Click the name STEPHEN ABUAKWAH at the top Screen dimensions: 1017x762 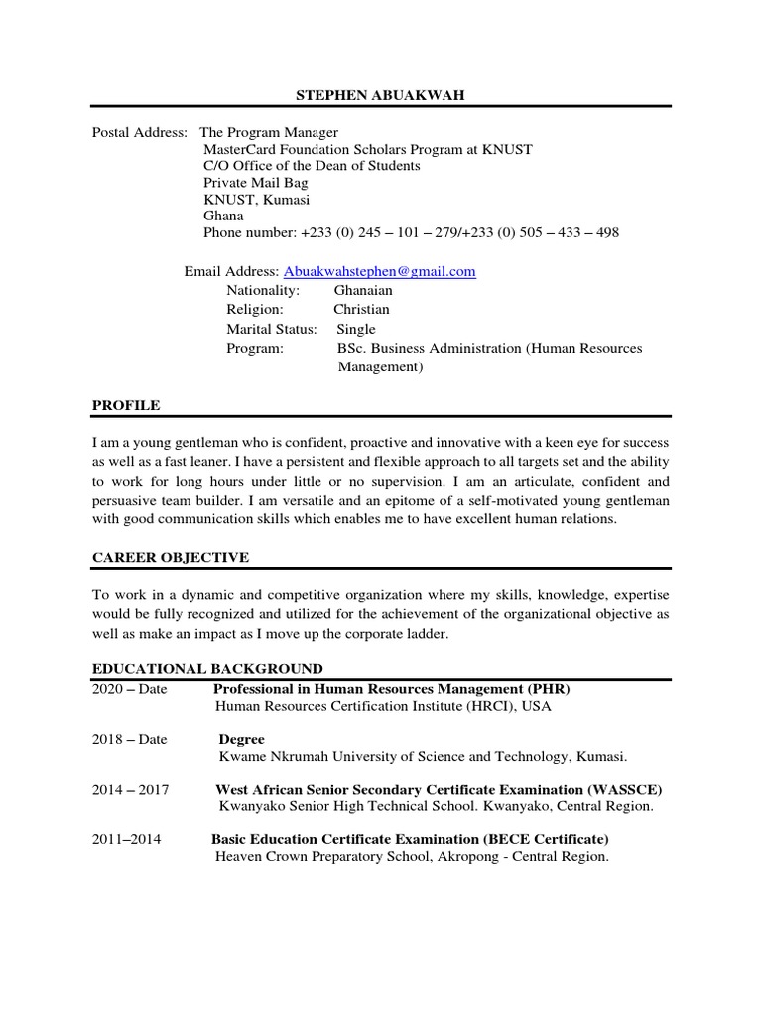[381, 94]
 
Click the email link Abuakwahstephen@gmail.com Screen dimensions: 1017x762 [380, 271]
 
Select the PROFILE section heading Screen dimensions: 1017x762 [126, 405]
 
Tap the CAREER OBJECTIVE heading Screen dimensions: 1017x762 [171, 557]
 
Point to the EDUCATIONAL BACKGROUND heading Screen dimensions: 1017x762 [207, 669]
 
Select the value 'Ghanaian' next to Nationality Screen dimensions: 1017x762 [363, 290]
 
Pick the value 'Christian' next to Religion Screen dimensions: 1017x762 [361, 309]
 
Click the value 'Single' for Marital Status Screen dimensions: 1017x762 [356, 329]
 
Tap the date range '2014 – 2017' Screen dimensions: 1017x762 [131, 790]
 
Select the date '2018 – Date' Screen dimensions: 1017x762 [130, 739]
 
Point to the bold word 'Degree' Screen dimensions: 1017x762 [241, 739]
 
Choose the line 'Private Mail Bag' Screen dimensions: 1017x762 [256, 183]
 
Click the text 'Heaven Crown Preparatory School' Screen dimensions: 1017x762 [322, 856]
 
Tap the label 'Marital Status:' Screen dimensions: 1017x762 [272, 329]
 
